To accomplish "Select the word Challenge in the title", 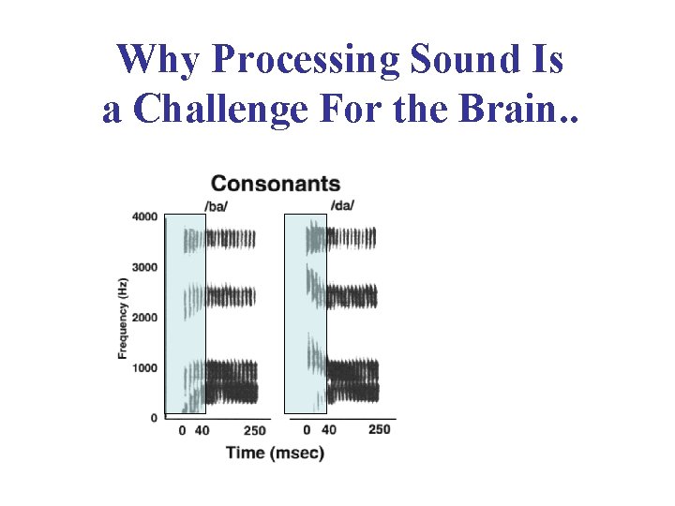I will tap(220, 110).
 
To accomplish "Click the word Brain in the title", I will tap(525, 110).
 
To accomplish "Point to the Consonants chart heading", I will tap(276, 184).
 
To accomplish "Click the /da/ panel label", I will tap(342, 205).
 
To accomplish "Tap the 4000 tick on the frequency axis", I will tap(144, 217).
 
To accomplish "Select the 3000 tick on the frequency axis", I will tap(144, 268).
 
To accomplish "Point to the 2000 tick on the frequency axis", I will tap(144, 318).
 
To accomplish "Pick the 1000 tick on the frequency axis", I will tap(144, 368).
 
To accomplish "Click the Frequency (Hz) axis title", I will tap(123, 318).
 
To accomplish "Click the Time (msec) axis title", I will tap(275, 453).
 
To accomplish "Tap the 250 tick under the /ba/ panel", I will tap(255, 431).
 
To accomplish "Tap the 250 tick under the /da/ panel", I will tap(379, 429).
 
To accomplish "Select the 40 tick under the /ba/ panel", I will tap(202, 431).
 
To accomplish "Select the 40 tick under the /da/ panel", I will tap(328, 429).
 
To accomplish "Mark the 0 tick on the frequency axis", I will tap(155, 418).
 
